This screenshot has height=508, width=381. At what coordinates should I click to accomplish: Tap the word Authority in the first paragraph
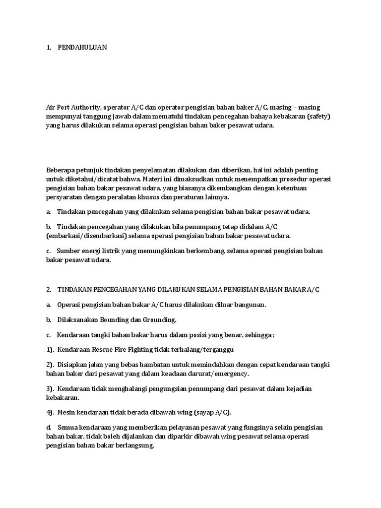88,107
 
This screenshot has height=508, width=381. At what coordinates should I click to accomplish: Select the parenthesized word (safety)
318,117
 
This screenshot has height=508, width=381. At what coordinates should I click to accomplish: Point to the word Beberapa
62,170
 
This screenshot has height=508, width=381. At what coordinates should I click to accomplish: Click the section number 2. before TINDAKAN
49,289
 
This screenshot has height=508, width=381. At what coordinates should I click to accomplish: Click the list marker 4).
51,412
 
